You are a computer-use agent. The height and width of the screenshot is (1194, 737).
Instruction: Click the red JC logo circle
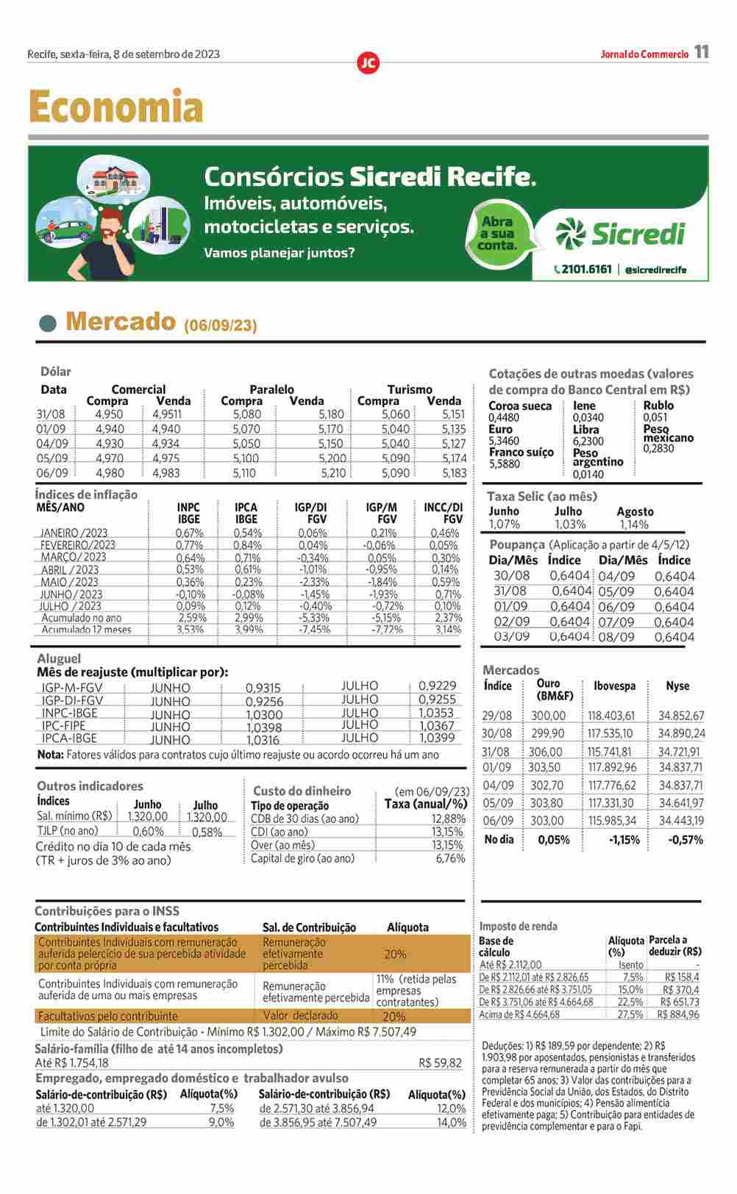click(368, 63)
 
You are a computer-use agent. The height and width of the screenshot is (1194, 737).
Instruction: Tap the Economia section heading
click(115, 107)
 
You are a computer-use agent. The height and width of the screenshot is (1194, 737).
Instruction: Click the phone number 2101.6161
click(585, 269)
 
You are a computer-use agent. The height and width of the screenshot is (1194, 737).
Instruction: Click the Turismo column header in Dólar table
click(410, 389)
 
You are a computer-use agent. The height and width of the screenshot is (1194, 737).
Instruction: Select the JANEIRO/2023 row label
click(74, 533)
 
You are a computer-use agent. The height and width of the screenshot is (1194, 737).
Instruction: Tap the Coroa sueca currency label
click(520, 406)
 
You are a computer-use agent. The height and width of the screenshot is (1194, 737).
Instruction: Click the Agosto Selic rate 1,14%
click(634, 525)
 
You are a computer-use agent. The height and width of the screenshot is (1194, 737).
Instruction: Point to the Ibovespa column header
click(614, 686)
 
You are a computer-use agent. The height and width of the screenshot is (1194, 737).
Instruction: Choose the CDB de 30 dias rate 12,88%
click(448, 819)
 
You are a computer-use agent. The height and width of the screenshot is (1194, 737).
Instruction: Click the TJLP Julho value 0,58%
click(207, 832)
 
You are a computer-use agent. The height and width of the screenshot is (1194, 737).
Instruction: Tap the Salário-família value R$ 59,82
click(440, 1062)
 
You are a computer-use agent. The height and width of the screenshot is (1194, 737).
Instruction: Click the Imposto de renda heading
click(519, 927)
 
